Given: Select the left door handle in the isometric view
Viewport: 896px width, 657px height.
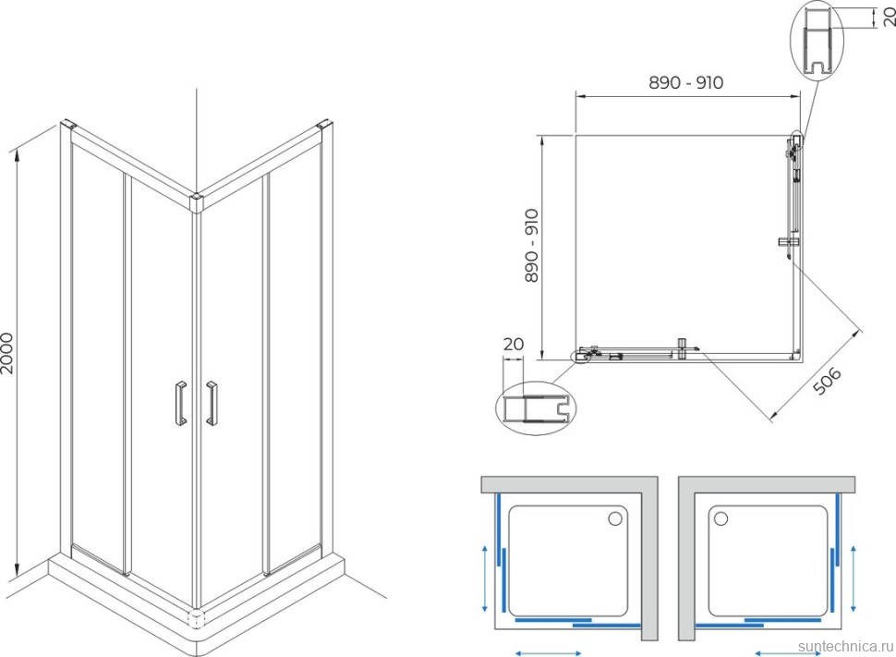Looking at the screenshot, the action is tap(180, 403).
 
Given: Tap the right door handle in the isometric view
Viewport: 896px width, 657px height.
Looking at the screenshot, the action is tap(212, 403).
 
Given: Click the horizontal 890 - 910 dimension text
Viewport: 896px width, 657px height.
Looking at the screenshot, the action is tap(685, 83).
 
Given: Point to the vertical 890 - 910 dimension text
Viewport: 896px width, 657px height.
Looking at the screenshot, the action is tap(531, 246).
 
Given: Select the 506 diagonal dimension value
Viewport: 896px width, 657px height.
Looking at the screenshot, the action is tap(828, 382).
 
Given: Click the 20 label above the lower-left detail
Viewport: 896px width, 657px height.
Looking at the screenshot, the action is tap(514, 345).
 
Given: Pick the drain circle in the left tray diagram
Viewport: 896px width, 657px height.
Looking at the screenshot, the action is tap(615, 518).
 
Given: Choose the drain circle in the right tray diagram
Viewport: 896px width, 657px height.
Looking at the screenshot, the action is tap(720, 518).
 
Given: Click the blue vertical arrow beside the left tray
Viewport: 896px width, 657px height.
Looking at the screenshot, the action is tap(485, 578).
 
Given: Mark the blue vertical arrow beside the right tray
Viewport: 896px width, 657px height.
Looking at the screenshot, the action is tap(854, 578).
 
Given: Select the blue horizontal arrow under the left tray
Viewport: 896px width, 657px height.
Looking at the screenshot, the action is tap(549, 652).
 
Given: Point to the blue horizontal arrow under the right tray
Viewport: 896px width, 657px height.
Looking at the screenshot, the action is tap(789, 652).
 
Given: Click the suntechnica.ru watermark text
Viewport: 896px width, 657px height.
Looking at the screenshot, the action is tap(846, 646).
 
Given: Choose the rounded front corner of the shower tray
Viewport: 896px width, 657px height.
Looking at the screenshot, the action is tap(196, 619).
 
